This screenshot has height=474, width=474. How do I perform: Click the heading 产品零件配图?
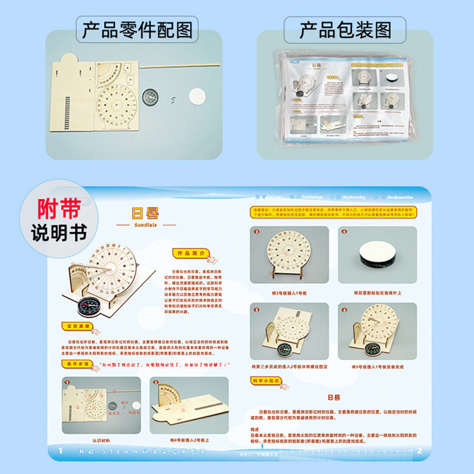(x=137, y=29)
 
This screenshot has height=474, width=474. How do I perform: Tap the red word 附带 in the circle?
(x=54, y=208)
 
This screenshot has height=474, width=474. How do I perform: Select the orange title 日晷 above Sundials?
(x=145, y=213)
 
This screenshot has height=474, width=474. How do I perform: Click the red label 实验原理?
(x=79, y=326)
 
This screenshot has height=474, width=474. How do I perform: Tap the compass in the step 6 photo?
(x=373, y=348)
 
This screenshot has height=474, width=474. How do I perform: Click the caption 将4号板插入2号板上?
(x=188, y=440)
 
